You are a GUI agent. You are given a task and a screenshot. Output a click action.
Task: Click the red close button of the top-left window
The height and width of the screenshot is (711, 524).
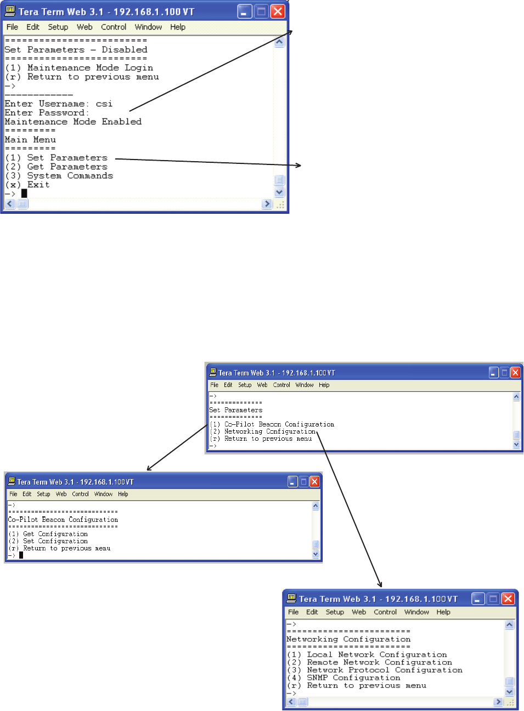278,12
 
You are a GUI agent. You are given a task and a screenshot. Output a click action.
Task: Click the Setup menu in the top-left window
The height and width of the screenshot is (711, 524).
58,27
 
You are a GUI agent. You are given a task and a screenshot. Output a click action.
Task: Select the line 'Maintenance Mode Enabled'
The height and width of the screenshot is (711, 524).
73,122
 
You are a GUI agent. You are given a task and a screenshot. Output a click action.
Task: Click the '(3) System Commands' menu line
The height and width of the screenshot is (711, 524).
59,176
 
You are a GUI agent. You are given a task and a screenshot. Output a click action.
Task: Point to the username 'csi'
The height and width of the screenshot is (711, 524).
104,104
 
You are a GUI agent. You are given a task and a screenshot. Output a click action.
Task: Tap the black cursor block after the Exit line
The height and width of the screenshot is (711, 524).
24,194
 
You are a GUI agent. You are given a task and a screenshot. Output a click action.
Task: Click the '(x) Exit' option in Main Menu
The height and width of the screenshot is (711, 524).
27,185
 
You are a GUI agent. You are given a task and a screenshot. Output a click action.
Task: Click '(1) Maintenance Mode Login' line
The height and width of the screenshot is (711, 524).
79,68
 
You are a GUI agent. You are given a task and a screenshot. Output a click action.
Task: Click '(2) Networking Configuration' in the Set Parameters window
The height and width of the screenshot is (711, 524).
263,431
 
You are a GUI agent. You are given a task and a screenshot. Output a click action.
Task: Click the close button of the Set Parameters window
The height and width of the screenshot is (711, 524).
515,373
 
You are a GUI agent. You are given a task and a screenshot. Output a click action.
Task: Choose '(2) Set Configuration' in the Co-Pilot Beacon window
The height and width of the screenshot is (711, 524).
48,541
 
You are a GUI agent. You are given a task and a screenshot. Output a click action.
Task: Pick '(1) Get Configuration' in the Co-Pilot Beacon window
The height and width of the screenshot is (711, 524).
48,534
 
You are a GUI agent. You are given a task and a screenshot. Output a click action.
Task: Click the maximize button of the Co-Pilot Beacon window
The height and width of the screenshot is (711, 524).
303,482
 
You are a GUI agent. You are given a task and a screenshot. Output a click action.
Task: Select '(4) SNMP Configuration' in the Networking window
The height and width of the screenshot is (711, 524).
343,678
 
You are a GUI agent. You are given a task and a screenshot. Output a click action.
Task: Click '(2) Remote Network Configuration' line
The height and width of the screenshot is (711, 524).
369,663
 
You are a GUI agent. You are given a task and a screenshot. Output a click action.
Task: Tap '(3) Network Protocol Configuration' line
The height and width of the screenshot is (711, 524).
374,670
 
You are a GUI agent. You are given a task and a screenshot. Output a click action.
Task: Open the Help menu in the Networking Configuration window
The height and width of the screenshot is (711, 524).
443,612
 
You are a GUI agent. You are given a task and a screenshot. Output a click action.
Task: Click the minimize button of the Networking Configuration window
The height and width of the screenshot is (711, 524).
478,599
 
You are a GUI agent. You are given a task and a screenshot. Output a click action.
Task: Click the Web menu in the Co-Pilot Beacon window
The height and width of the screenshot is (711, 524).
61,494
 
